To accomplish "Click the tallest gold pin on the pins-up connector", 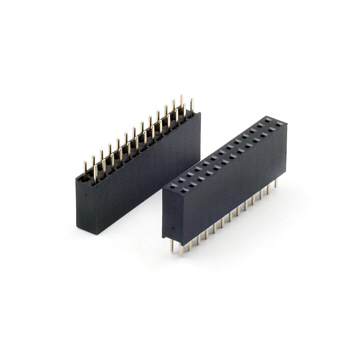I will click(x=181, y=101).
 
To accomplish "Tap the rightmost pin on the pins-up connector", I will click(x=192, y=105).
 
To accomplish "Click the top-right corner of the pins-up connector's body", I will click(x=200, y=113).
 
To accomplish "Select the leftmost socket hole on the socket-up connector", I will click(x=171, y=185).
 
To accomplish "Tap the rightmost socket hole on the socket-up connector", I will click(x=280, y=123).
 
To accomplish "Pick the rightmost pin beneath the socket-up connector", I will click(x=275, y=188).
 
